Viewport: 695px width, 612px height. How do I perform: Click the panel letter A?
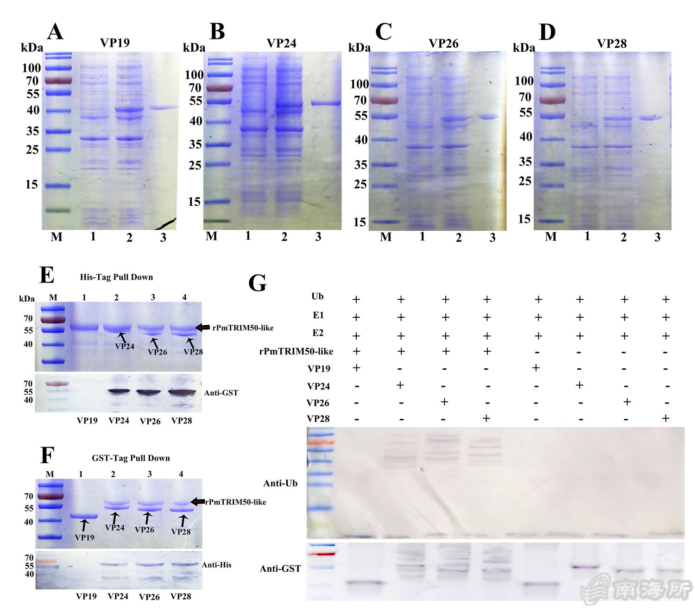click(55, 32)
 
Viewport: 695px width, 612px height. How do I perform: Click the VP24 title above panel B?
click(281, 43)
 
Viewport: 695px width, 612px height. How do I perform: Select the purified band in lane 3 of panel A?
click(164, 108)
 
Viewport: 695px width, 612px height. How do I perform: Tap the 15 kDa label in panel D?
click(524, 219)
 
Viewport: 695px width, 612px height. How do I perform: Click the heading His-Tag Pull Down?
click(116, 277)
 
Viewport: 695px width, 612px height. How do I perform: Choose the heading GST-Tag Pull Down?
click(131, 458)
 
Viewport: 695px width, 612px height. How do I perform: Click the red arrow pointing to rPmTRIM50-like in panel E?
click(202, 328)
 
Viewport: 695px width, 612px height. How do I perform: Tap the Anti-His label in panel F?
click(216, 565)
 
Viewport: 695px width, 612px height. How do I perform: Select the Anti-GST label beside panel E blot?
click(221, 393)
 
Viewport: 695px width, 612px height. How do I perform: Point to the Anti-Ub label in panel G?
click(280, 483)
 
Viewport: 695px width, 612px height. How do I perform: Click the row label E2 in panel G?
click(318, 333)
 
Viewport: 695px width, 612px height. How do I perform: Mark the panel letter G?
click(258, 283)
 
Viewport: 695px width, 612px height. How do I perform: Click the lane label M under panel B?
click(211, 236)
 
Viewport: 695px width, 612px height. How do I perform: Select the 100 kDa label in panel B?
click(194, 75)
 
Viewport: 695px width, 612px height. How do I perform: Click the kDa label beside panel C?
click(359, 48)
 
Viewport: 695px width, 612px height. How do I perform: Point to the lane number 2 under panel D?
click(623, 237)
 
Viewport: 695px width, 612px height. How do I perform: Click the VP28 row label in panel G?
click(318, 419)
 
